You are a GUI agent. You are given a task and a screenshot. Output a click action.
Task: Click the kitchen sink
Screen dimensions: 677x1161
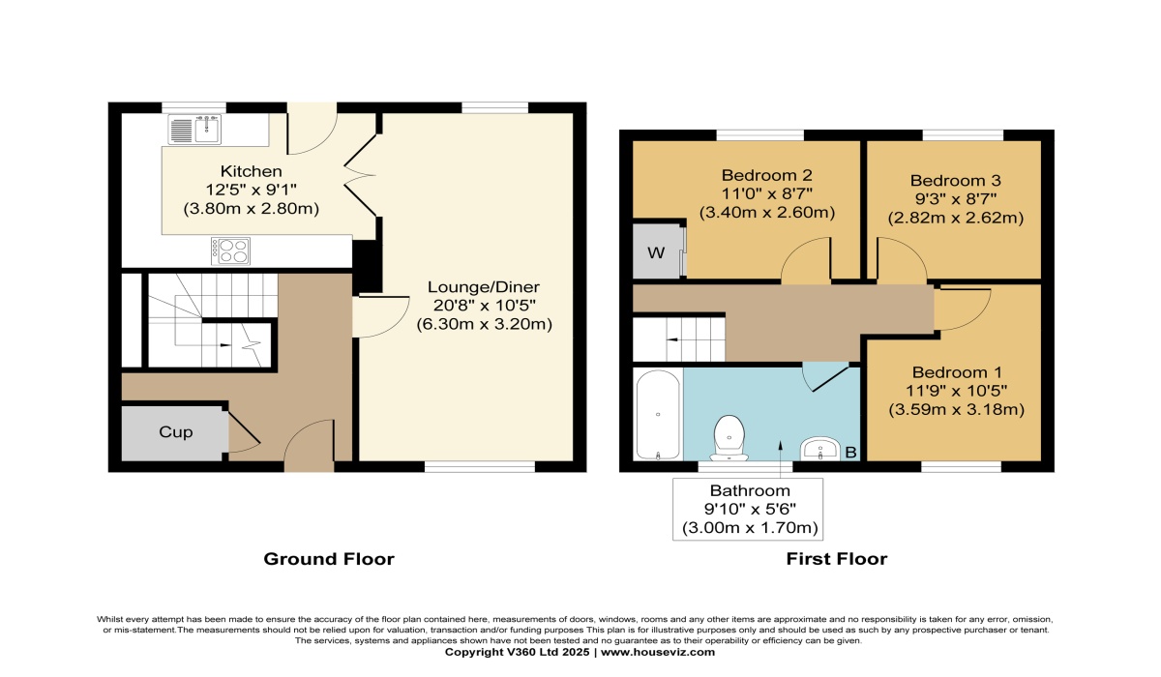pos(195,129)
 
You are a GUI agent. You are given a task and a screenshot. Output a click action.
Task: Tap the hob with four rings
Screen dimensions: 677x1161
pos(230,250)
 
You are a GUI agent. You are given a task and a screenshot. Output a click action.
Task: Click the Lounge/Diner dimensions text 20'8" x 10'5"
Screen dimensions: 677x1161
pos(484,306)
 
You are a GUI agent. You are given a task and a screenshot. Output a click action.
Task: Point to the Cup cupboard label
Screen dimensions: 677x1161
pos(175,432)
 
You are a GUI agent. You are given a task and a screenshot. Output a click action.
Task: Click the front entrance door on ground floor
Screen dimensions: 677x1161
pos(310,445)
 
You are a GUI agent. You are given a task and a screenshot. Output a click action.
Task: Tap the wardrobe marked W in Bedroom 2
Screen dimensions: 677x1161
pos(657,253)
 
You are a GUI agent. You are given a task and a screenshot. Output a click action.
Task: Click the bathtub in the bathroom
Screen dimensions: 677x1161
pos(658,414)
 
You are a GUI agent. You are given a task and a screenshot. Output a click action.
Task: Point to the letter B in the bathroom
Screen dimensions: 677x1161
pos(851,451)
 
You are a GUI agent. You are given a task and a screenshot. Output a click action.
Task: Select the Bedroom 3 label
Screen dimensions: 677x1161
pos(956,180)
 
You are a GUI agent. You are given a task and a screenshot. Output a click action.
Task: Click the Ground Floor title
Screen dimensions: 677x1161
pos(329,559)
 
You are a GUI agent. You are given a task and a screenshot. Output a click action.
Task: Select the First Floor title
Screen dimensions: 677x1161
pos(837,559)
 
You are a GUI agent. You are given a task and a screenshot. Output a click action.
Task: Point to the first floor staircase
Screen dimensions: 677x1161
pos(679,338)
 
